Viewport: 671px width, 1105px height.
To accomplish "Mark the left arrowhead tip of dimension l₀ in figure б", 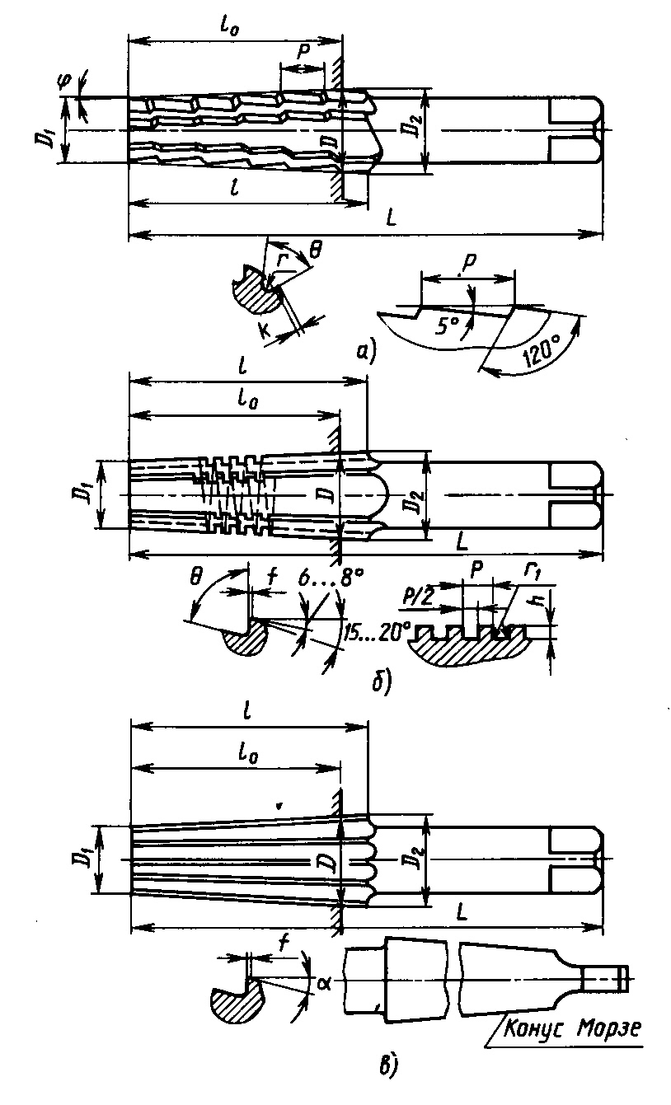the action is pos(129,417).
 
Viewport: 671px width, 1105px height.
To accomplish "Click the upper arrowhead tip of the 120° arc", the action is pos(580,317).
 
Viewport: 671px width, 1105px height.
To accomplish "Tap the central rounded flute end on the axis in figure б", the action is pos(376,494).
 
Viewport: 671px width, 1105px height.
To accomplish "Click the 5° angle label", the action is pos(447,325).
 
